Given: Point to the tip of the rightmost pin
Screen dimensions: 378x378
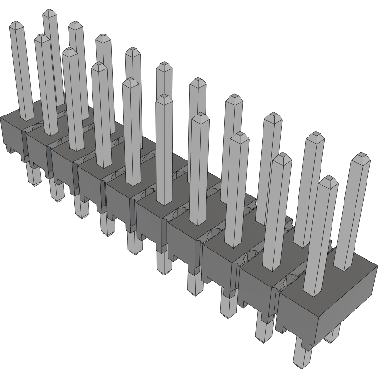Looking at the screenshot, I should pyautogui.click(x=361, y=157).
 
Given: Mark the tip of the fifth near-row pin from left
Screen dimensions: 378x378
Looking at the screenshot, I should pyautogui.click(x=130, y=81).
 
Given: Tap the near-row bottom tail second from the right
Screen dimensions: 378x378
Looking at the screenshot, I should pyautogui.click(x=263, y=331).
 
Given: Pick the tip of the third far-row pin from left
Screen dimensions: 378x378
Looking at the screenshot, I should pyautogui.click(x=103, y=37).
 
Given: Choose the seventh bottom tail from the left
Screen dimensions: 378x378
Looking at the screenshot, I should pyautogui.click(x=194, y=285).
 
